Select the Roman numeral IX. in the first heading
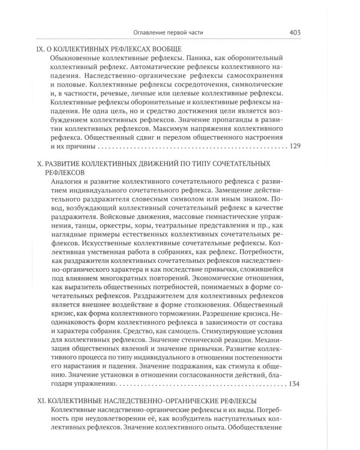tap(41, 49)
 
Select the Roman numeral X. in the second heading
tap(40, 163)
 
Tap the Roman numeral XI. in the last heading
tap(41, 400)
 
